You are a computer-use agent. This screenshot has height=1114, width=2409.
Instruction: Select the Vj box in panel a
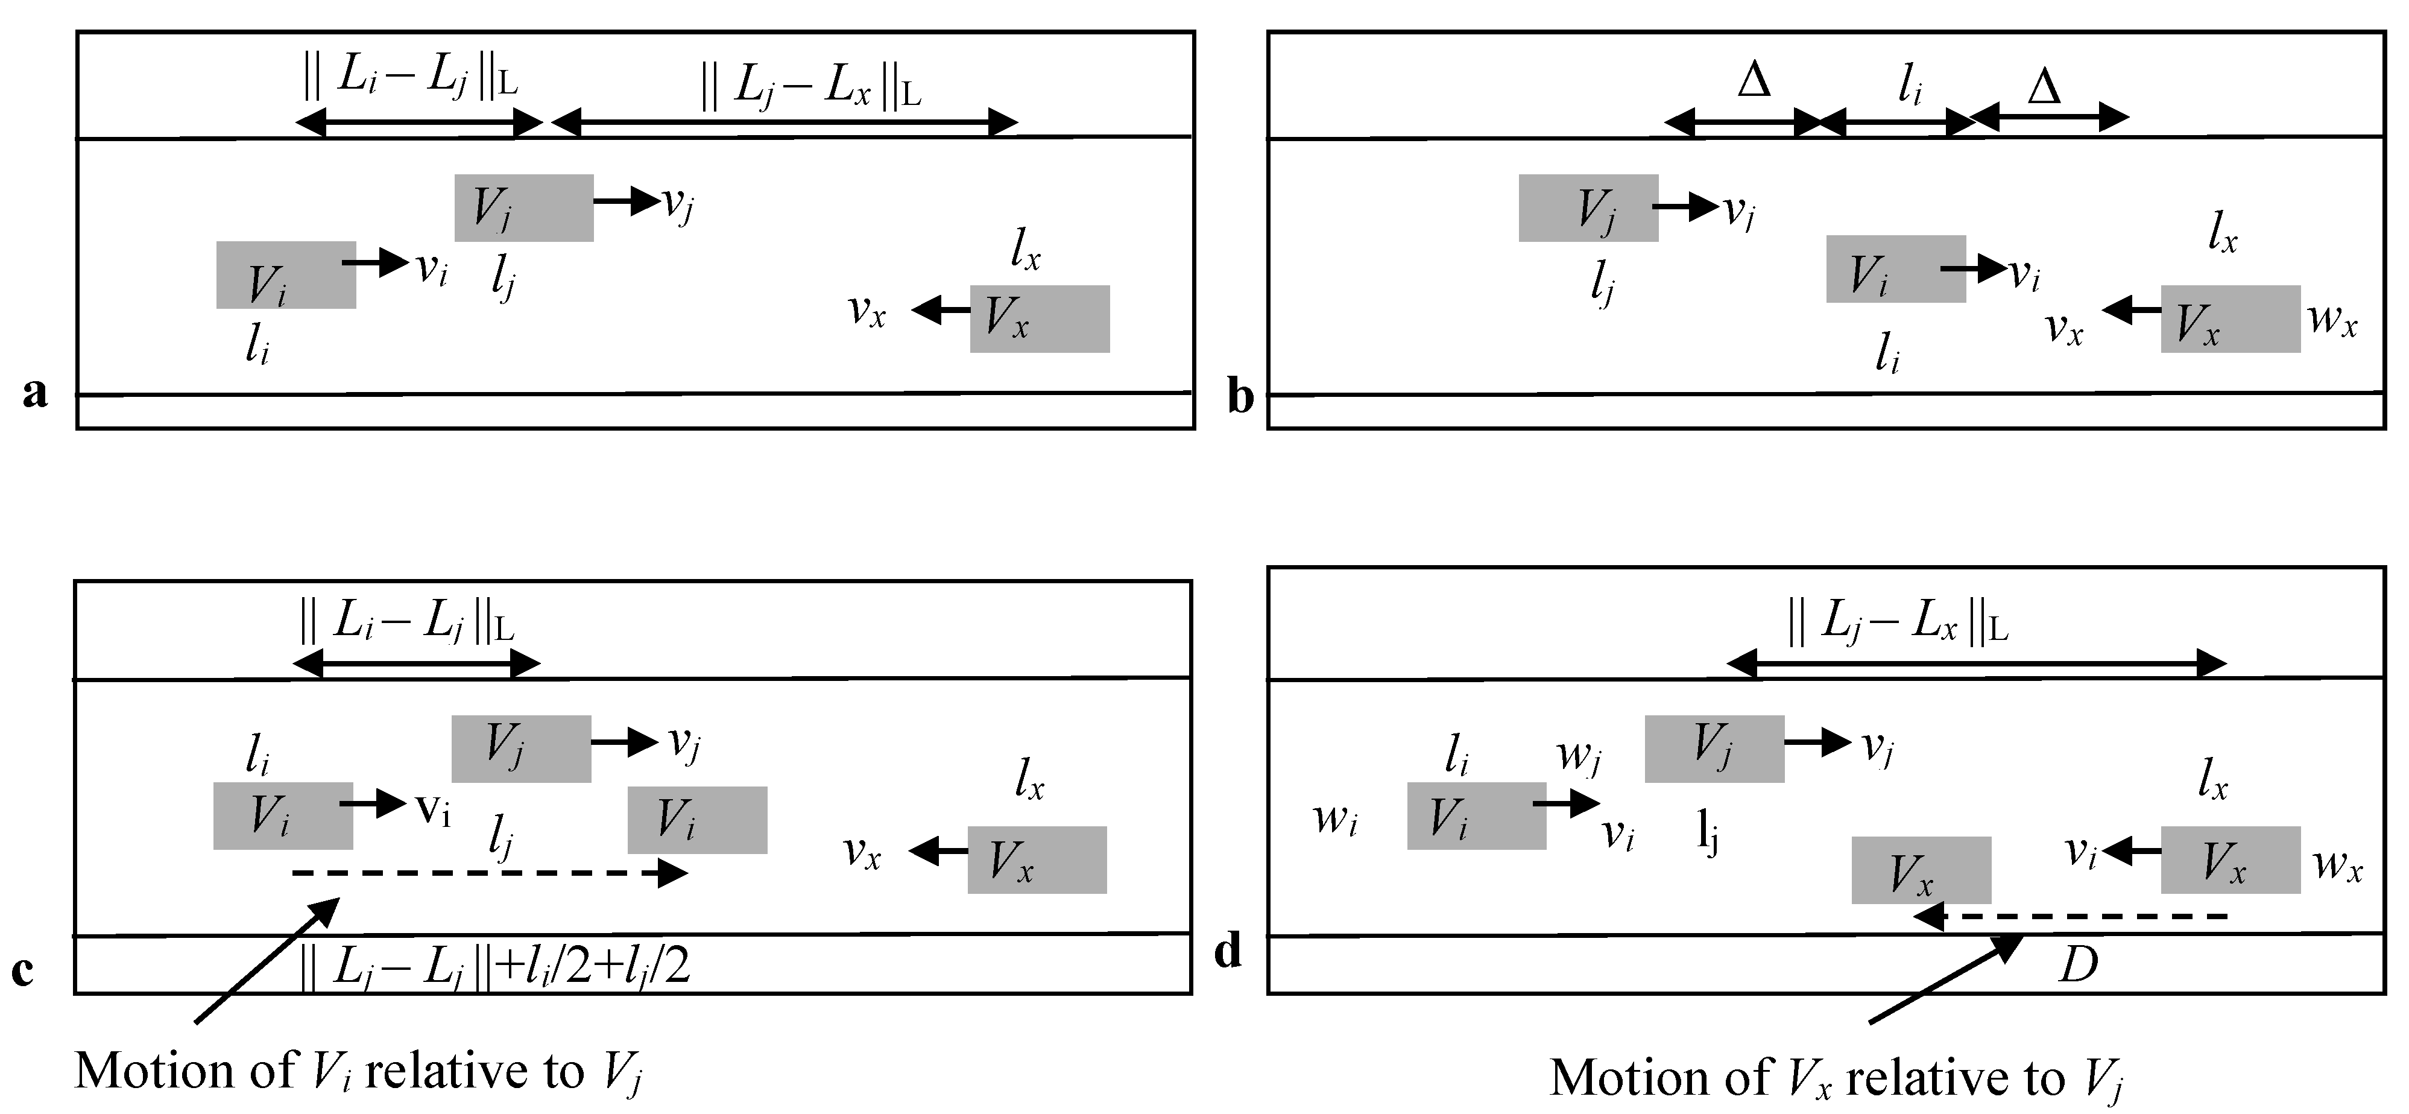tap(523, 207)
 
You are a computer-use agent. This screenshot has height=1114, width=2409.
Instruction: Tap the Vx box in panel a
tap(1039, 319)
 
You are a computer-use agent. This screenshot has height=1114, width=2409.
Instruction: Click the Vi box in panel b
tap(1896, 268)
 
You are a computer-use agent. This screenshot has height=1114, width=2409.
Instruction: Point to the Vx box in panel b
tap(2229, 319)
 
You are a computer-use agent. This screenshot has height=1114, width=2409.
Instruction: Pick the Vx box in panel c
tap(1036, 859)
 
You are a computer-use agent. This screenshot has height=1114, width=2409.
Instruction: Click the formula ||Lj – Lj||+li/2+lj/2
tap(494, 966)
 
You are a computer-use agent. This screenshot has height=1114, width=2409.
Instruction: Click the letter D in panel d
tap(2078, 964)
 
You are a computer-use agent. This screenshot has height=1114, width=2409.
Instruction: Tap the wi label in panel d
tap(1334, 819)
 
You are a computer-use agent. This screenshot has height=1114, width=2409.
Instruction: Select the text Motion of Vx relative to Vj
tap(1836, 1078)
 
